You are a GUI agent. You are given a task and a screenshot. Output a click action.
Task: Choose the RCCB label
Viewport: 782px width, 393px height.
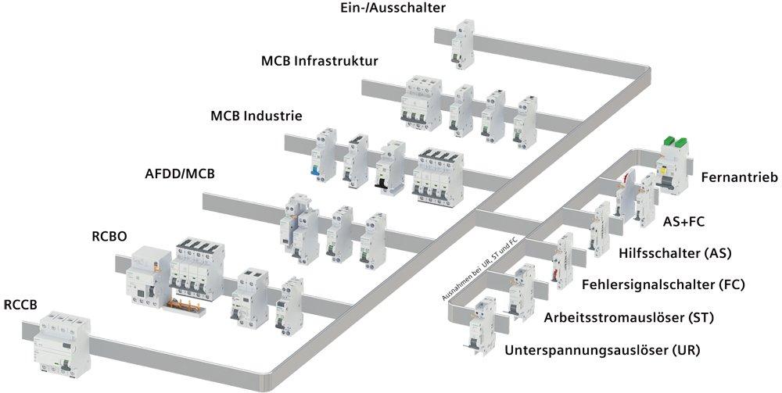(x=23, y=302)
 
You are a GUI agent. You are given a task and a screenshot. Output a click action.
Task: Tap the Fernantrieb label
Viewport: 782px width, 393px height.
(x=739, y=178)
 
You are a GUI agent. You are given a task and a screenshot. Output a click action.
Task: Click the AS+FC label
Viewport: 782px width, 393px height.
(x=683, y=222)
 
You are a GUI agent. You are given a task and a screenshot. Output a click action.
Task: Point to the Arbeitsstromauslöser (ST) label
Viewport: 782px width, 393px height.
(x=628, y=317)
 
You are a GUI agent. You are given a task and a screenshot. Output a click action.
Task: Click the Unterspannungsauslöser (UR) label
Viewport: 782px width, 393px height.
(x=602, y=350)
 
